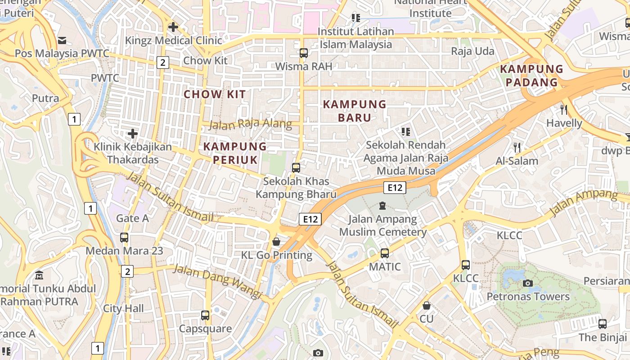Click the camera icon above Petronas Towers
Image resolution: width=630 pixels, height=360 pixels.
pos(528,283)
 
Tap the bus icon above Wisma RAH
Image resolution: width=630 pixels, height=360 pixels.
pos(304,53)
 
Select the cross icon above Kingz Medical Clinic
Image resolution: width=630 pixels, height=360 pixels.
pos(173,27)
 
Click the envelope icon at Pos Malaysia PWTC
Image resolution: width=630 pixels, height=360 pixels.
pos(62,40)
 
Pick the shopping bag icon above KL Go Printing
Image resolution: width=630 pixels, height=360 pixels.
pos(276,242)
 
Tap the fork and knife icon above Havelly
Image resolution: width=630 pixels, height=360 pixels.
pos(564,109)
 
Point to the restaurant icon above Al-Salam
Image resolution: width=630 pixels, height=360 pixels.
pos(517,147)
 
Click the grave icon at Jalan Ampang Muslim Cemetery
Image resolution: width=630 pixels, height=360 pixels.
pos(382,206)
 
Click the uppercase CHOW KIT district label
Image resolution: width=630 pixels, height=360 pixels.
pos(215,94)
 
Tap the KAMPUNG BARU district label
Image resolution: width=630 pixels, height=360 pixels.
pos(355,111)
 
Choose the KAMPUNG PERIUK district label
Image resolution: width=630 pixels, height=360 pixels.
pos(235,153)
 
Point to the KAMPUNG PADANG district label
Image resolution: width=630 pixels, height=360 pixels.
pos(531,76)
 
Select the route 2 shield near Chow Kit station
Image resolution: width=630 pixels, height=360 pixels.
pos(163,63)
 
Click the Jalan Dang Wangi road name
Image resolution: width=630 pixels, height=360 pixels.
pos(217,282)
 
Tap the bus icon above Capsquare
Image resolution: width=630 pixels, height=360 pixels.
pos(205,315)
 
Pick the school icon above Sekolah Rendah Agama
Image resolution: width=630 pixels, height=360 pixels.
pos(406,132)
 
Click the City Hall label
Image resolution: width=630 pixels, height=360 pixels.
pos(124,309)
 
